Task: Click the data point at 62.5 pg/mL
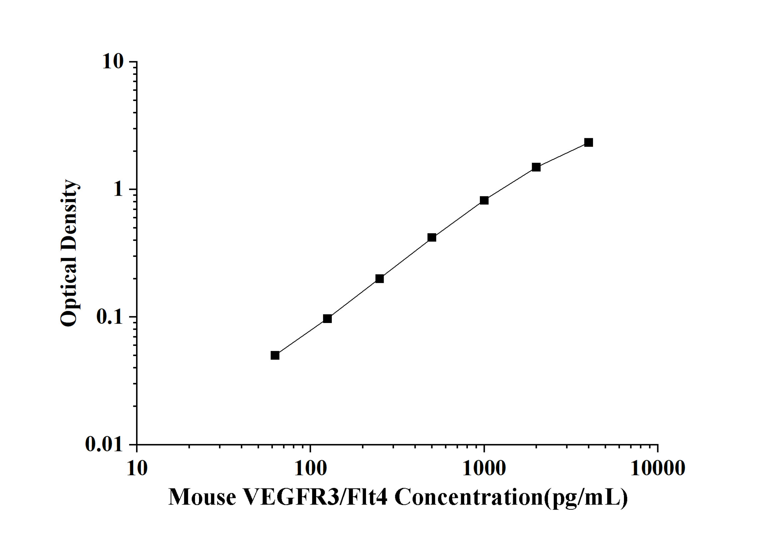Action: click(275, 356)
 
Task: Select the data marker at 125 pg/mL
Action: click(327, 319)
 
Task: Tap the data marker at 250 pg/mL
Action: click(380, 278)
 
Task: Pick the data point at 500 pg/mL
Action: click(432, 237)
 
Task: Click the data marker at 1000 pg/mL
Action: click(484, 200)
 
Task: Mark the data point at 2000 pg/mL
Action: click(536, 167)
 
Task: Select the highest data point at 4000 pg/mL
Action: click(589, 143)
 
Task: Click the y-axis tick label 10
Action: click(112, 62)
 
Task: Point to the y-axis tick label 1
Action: click(118, 189)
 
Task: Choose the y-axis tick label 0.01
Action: click(104, 445)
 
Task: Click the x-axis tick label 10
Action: click(137, 469)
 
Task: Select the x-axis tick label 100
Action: click(310, 469)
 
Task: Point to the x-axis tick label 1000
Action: click(484, 469)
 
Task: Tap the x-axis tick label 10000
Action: click(658, 469)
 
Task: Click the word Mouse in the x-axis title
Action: click(203, 497)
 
